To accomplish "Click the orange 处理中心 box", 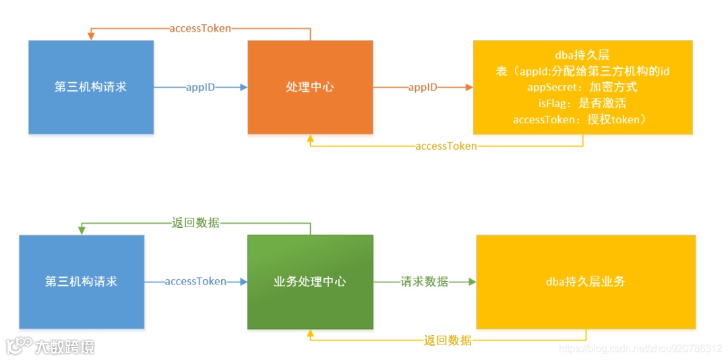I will pos(310,87).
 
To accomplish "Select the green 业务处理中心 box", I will pos(310,282).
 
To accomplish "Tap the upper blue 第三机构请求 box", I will pos(91,87).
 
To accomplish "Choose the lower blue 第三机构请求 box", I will pos(82,282).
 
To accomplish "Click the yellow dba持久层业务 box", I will pos(586,282).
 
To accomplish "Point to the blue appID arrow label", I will pos(200,88).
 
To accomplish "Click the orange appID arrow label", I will pos(423,88).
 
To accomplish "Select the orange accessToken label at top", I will pos(200,28).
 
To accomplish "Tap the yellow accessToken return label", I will pos(446,146).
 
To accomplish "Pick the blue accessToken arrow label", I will pos(195,282).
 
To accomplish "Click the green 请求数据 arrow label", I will pos(424,282).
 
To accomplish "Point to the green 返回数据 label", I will pos(195,222).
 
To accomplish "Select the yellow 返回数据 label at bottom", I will pos(448,340).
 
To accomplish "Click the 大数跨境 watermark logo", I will pos(51,347).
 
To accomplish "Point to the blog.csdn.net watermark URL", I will pos(640,349).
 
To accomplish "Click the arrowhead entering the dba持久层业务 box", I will pos(472,282).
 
